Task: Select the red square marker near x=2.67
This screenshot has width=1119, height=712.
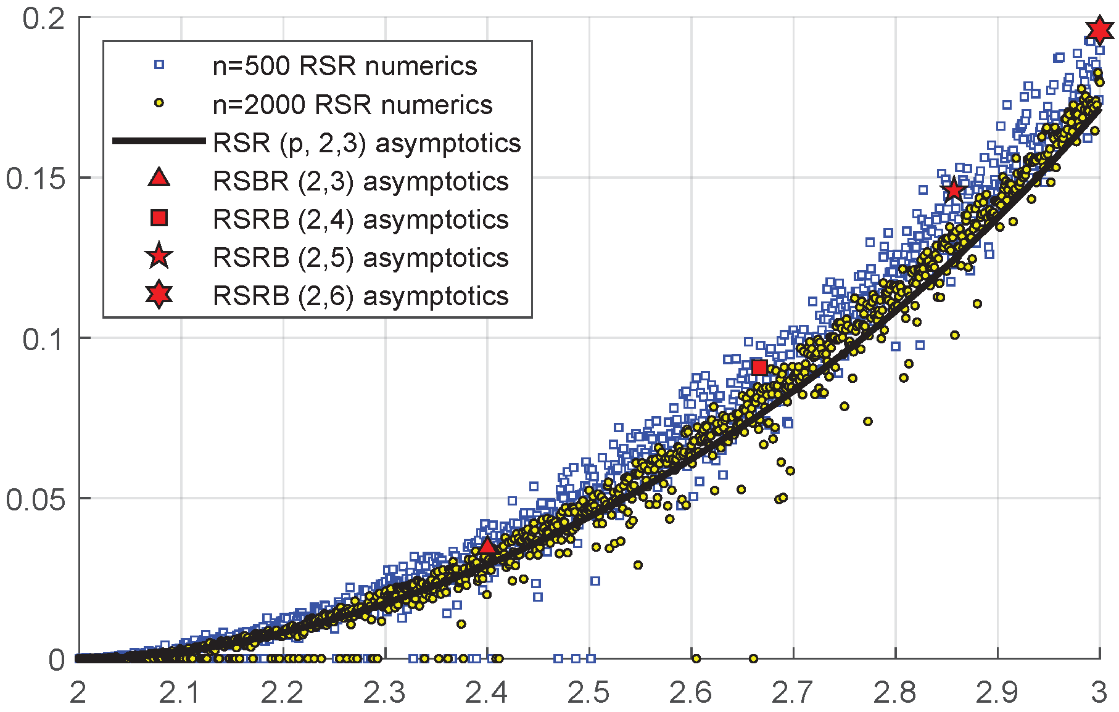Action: coord(759,368)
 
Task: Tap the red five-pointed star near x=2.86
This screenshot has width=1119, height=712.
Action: coord(954,190)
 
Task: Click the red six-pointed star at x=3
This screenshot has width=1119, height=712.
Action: coord(1099,30)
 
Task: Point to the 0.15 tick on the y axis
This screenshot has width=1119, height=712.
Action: coord(35,178)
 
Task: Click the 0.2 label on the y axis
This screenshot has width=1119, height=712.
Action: coord(43,18)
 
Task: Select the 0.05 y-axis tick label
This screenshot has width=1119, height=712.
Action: coord(35,499)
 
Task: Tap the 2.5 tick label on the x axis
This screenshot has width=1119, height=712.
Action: coord(588,693)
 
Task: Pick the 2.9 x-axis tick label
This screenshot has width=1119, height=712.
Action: coord(997,693)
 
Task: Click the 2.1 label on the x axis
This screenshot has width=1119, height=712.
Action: coord(180,693)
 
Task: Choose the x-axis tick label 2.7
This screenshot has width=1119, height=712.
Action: coord(793,693)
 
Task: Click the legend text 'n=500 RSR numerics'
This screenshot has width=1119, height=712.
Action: coord(344,66)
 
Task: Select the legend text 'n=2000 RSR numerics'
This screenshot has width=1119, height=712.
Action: coord(352,105)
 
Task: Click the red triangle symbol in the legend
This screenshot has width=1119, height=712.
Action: coord(159,178)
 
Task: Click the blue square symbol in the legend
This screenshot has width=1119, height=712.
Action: coord(159,65)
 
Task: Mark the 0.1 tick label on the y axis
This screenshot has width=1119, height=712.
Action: coord(43,338)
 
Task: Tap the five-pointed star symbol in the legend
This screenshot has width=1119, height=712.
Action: coord(159,256)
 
